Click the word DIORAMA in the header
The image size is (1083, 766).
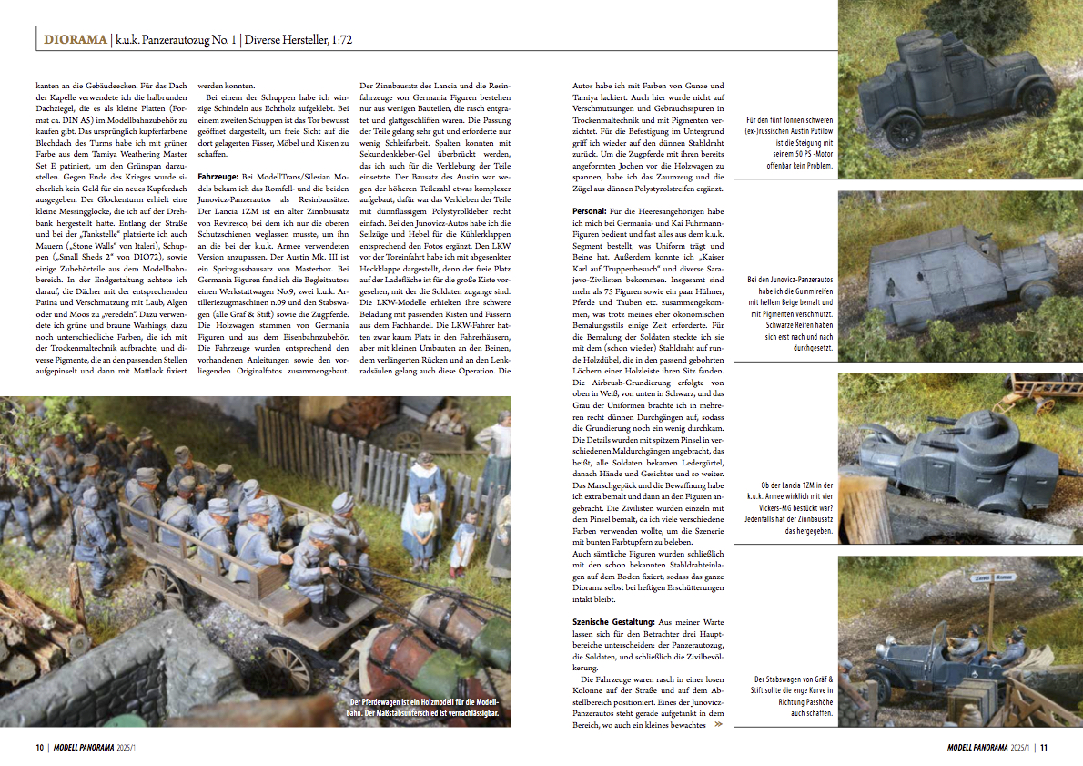pyautogui.click(x=72, y=40)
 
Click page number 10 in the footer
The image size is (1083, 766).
pyautogui.click(x=40, y=748)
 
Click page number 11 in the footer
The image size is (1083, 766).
pyautogui.click(x=1045, y=748)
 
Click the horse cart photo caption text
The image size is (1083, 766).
pyautogui.click(x=424, y=707)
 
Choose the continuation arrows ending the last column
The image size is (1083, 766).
pyautogui.click(x=718, y=725)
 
